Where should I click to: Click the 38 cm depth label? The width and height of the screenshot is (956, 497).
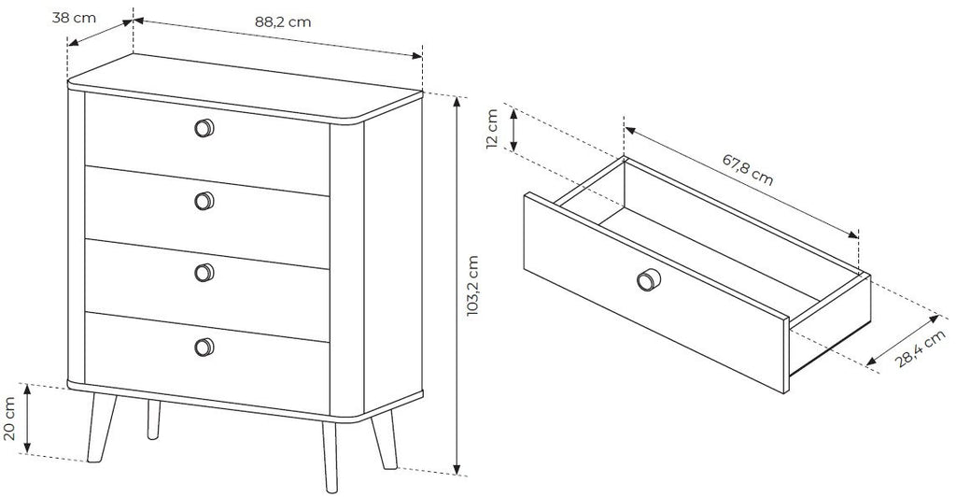pyautogui.click(x=74, y=18)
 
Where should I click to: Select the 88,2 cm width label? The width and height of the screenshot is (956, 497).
pyautogui.click(x=283, y=21)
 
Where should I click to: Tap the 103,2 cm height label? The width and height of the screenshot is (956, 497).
pyautogui.click(x=472, y=285)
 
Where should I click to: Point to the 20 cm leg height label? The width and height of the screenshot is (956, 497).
pyautogui.click(x=9, y=419)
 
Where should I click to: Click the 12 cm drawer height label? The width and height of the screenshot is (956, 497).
pyautogui.click(x=493, y=128)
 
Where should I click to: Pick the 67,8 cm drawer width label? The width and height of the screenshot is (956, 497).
pyautogui.click(x=748, y=169)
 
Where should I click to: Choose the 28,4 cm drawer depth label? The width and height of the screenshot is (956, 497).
pyautogui.click(x=921, y=348)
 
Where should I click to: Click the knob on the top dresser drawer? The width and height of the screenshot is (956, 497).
pyautogui.click(x=204, y=128)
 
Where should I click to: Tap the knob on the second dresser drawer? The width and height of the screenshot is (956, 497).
pyautogui.click(x=204, y=201)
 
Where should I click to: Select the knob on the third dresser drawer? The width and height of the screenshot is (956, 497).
pyautogui.click(x=204, y=273)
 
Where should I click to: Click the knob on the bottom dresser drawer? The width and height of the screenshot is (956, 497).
pyautogui.click(x=204, y=347)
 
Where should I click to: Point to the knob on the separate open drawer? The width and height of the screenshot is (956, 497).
pyautogui.click(x=649, y=280)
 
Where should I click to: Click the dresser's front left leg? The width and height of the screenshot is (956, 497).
pyautogui.click(x=101, y=428)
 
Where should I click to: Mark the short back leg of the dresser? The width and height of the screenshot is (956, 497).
pyautogui.click(x=153, y=419)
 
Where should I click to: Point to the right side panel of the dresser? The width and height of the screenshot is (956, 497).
pyautogui.click(x=393, y=256)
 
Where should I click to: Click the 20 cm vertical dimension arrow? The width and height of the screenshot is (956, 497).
pyautogui.click(x=27, y=419)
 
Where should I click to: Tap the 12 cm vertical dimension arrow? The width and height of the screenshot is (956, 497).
pyautogui.click(x=513, y=130)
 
